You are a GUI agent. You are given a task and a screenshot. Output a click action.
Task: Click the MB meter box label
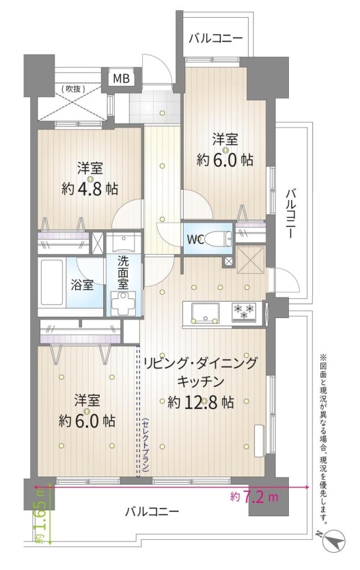[x=121, y=78]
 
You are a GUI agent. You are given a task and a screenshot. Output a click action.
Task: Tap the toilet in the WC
[x=217, y=239]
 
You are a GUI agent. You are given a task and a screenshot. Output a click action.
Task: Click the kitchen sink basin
[x=206, y=312]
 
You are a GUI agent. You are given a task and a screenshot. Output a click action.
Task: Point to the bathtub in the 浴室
[x=52, y=282]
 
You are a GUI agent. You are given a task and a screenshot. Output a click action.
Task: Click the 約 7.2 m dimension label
[x=254, y=496]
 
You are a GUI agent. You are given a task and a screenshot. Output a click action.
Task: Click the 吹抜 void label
[x=73, y=88]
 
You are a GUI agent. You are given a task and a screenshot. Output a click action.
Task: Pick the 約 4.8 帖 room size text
[x=89, y=188]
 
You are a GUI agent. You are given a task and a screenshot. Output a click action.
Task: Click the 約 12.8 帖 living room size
[x=200, y=401]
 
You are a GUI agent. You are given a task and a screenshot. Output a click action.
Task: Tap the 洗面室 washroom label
[x=123, y=272]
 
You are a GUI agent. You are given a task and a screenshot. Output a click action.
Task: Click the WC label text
[x=196, y=240]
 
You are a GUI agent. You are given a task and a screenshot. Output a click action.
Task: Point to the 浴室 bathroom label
[x=82, y=285]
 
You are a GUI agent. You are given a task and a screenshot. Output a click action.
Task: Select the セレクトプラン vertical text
[x=146, y=445]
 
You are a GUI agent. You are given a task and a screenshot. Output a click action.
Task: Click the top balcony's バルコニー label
[x=215, y=38]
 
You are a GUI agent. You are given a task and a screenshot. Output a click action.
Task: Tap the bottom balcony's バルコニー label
[x=152, y=512]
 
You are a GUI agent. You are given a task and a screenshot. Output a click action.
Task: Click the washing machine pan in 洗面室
[x=123, y=303]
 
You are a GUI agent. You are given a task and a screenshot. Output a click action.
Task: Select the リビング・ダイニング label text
[x=200, y=364]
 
